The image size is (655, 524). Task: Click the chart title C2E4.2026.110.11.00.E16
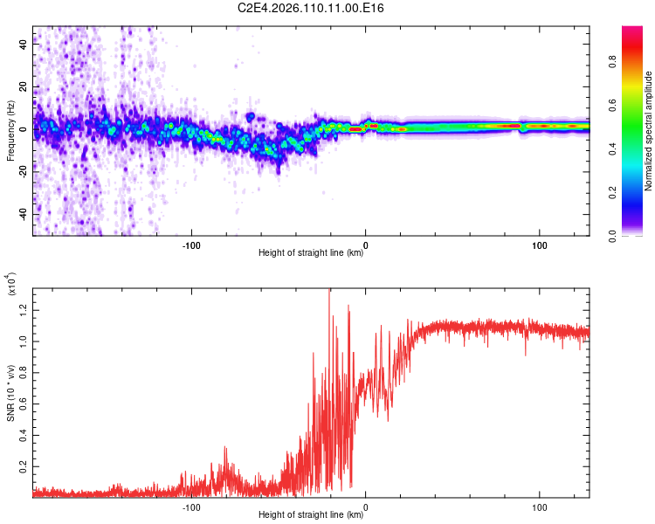click(311, 8)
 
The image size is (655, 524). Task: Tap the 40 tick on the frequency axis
click(24, 45)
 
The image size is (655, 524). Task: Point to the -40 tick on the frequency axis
click(22, 214)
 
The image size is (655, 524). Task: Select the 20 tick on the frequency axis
click(24, 87)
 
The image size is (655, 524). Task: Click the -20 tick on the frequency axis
click(22, 172)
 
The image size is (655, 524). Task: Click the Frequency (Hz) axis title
click(11, 130)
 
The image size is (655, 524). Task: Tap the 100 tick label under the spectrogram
click(540, 245)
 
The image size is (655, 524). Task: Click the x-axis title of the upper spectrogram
click(311, 254)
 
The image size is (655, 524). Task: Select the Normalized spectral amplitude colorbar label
click(649, 130)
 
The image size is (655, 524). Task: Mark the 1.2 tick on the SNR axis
click(22, 308)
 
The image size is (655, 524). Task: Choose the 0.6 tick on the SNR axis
click(22, 403)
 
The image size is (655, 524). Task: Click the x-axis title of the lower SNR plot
click(311, 515)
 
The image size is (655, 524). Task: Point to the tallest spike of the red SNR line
click(329, 291)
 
